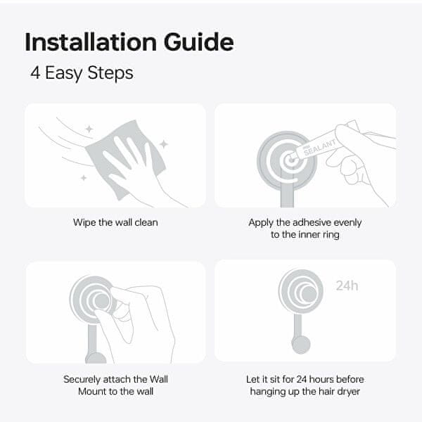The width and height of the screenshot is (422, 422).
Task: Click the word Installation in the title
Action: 91,42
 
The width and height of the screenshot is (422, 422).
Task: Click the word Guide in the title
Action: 198,42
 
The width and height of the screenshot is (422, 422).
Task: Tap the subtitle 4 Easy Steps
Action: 82,73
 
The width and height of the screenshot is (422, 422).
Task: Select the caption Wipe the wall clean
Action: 115,222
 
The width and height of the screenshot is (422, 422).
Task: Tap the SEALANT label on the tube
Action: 320,147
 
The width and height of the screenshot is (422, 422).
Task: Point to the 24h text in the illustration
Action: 347,286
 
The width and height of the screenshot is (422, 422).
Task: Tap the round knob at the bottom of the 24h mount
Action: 301,345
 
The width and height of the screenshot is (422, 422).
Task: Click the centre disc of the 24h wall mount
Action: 309,294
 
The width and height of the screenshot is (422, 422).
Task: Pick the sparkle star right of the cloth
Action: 164,144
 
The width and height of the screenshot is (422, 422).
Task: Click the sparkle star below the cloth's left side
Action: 84,178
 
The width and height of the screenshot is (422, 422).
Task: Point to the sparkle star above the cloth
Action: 89,129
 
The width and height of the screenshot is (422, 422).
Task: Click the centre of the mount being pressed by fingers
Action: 102,301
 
